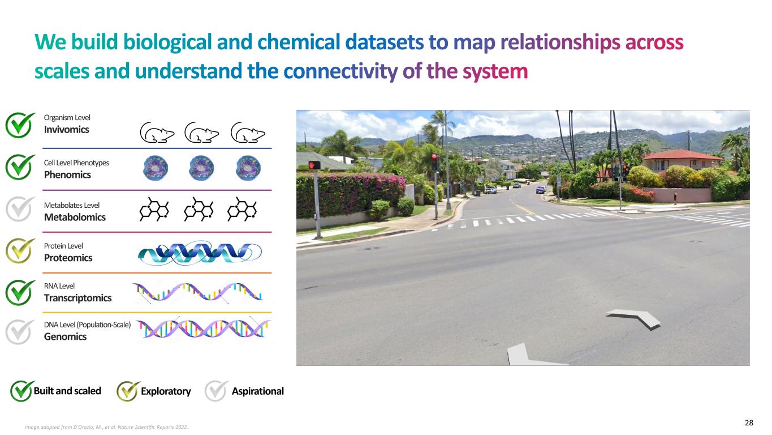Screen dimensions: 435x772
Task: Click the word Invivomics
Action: point(67,129)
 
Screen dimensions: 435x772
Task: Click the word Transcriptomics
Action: point(78,298)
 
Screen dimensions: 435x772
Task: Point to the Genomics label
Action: point(66,336)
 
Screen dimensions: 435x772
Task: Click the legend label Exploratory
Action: point(166,391)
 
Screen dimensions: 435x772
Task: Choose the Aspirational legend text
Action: point(257,391)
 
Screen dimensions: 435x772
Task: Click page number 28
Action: point(748,423)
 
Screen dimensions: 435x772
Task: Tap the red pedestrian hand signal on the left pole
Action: point(314,165)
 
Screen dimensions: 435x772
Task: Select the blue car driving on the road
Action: point(541,190)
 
